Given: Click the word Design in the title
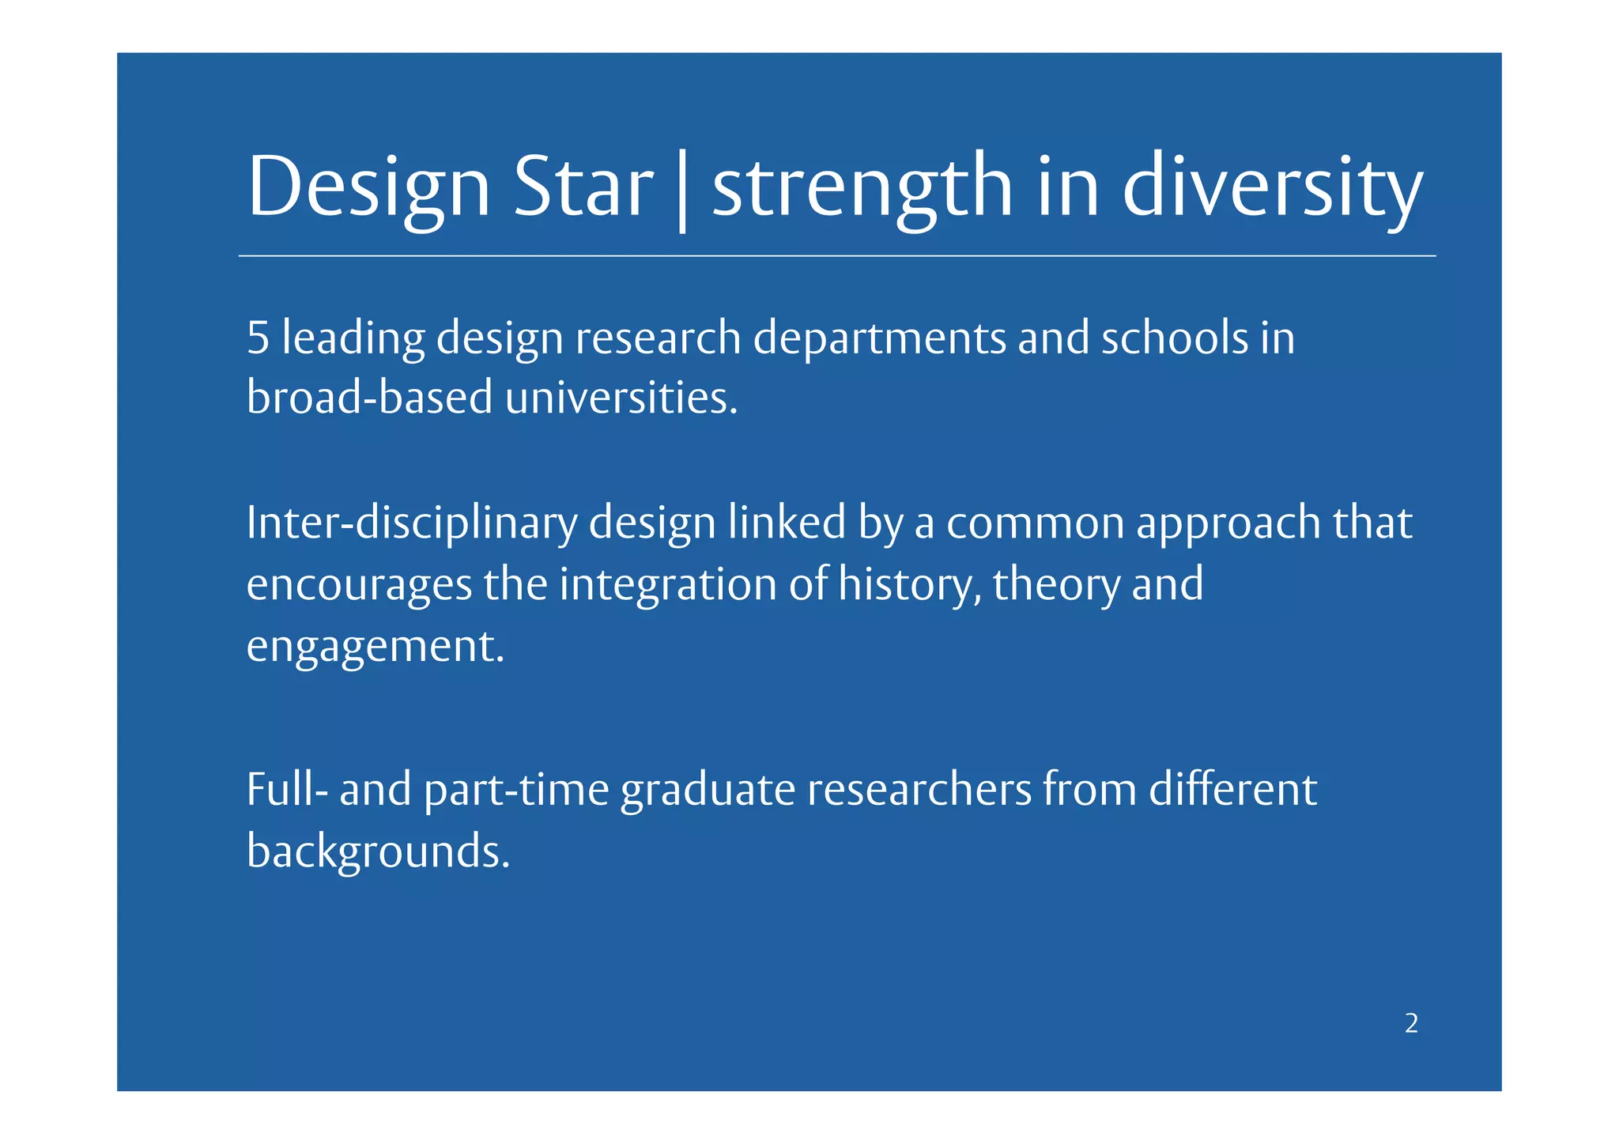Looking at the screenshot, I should [x=368, y=188].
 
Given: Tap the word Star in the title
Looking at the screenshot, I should [x=583, y=188].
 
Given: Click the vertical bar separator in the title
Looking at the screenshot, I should [x=682, y=190].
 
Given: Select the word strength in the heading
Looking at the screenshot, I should [x=862, y=188].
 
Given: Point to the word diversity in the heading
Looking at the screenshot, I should [x=1272, y=188].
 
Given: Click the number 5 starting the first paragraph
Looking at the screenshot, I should [x=258, y=338].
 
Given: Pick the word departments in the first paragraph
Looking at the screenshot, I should [x=879, y=338].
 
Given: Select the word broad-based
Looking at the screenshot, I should [x=369, y=397].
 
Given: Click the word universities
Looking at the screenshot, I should [x=621, y=397].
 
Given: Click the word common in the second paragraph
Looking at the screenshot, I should [x=1035, y=523].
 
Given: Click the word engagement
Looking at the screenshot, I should [x=375, y=647].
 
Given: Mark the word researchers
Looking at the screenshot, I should [x=919, y=790].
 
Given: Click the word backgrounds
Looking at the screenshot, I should [x=378, y=851].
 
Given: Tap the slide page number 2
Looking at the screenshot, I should [x=1411, y=1024].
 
